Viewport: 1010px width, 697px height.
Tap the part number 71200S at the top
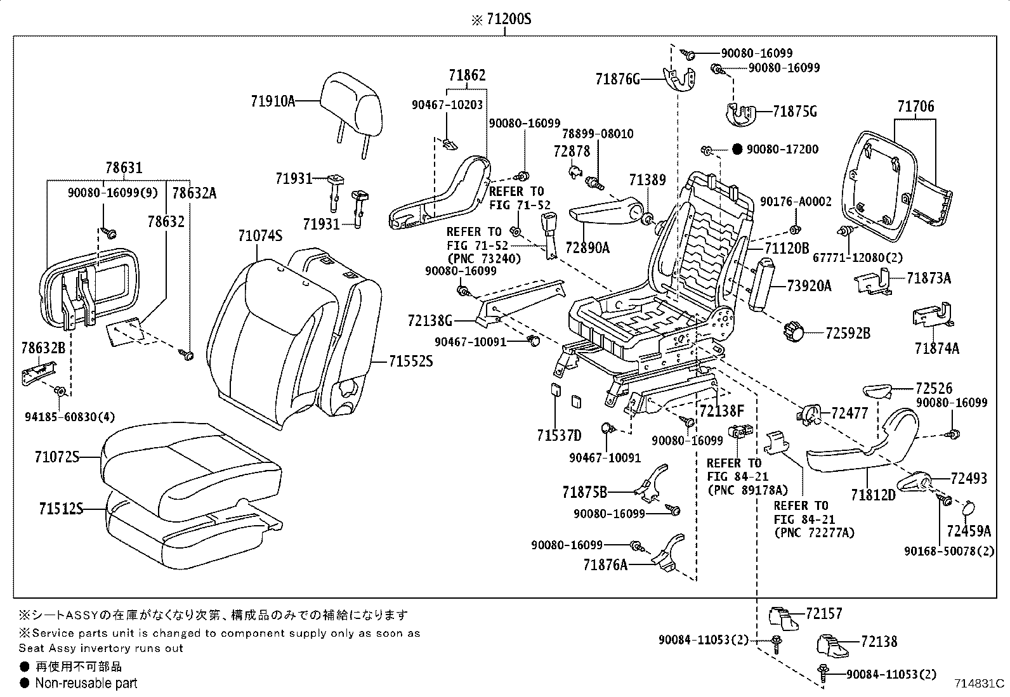point(508,20)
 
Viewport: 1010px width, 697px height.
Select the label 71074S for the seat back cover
point(260,236)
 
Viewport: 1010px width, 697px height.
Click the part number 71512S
point(60,509)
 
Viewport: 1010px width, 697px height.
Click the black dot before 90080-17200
point(737,150)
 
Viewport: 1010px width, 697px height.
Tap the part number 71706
point(915,107)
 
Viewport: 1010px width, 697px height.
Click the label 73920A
point(809,286)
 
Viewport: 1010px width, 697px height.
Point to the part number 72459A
point(968,530)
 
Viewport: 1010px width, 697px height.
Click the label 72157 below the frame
point(824,613)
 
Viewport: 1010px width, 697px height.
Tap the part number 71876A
point(605,564)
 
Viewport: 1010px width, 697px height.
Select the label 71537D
point(559,435)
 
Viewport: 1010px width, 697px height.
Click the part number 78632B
point(43,348)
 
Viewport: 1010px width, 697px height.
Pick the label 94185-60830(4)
point(62,417)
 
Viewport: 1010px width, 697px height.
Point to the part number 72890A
point(587,247)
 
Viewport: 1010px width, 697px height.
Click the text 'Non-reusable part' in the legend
point(86,683)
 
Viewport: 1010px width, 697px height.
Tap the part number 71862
point(467,75)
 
